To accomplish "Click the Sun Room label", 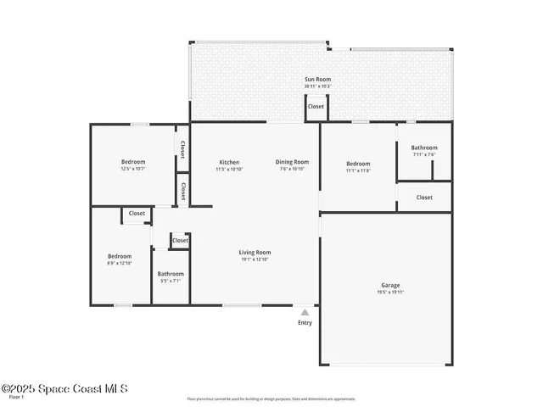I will click(x=317, y=80).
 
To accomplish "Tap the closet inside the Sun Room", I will click(x=316, y=107).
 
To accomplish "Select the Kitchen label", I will click(x=228, y=162).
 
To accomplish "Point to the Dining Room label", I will click(x=292, y=162).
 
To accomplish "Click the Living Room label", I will click(x=255, y=252).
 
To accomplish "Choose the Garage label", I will click(x=390, y=285).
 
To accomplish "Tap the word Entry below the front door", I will click(x=305, y=322).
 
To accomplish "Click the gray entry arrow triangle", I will click(x=305, y=312).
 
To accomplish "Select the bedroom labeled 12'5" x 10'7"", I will click(x=132, y=162).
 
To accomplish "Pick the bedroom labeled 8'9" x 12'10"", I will click(x=119, y=256).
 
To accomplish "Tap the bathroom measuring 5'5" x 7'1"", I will click(x=171, y=274).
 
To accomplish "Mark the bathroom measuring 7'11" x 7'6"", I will click(x=424, y=148).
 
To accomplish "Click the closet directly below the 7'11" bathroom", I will click(x=424, y=197).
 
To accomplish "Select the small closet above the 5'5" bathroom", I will click(x=180, y=241).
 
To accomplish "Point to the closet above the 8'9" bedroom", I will click(x=137, y=214).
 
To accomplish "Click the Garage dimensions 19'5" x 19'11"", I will click(x=390, y=293).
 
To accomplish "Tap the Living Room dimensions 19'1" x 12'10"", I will click(x=255, y=259).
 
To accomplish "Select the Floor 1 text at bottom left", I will click(x=16, y=397).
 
